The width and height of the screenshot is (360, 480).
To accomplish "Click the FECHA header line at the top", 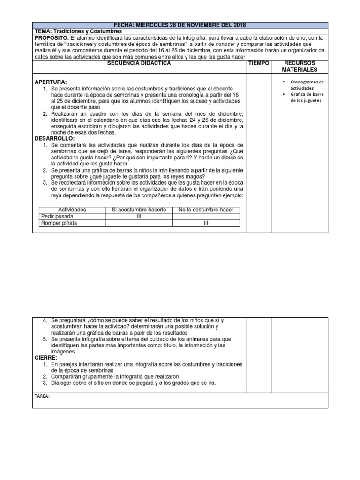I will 180,25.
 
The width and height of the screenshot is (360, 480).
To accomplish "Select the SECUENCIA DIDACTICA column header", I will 139,63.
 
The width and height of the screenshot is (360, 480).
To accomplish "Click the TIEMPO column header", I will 259,63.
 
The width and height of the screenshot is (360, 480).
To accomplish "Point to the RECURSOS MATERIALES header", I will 300,67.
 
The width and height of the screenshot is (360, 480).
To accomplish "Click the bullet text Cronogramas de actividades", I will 308,85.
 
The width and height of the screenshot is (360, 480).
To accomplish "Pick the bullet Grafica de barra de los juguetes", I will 308,97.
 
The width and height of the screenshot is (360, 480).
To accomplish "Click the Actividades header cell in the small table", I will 72,210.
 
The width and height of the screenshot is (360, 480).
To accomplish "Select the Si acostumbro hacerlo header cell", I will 139,210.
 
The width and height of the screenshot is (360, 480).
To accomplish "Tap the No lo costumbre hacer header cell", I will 206,210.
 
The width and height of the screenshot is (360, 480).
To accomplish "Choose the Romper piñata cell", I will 60,223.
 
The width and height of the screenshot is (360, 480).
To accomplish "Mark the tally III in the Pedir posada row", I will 139,216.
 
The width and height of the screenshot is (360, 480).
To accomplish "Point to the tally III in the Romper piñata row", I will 206,223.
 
